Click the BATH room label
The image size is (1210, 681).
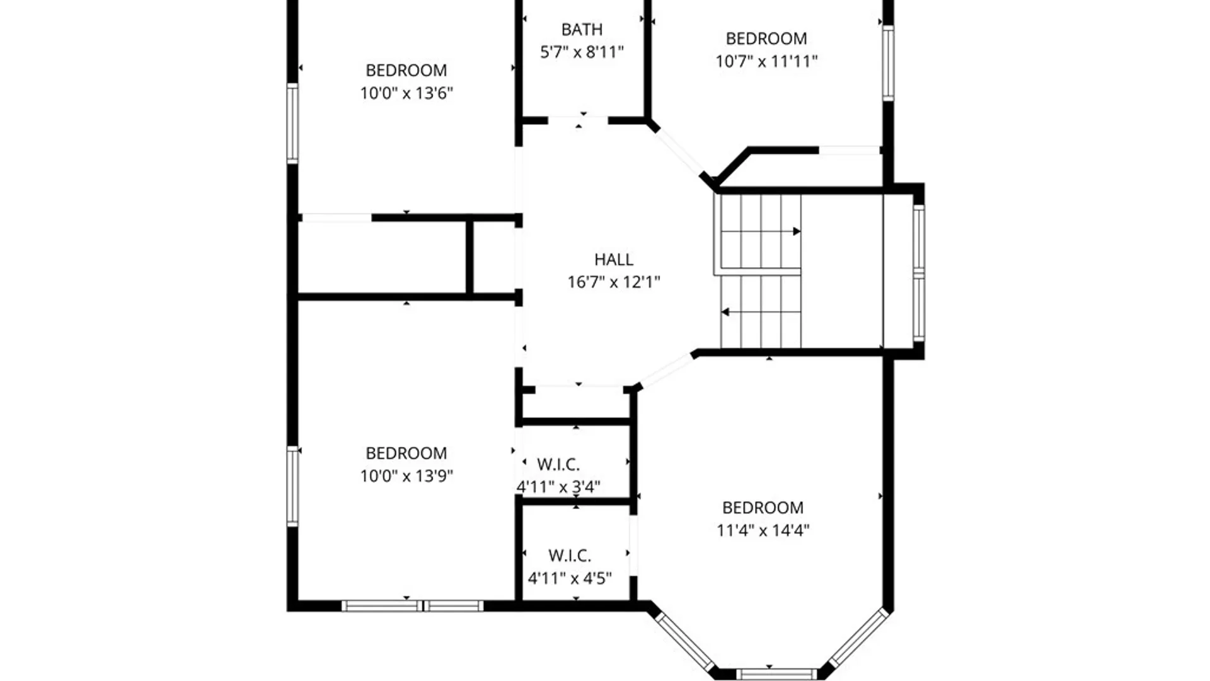(582, 30)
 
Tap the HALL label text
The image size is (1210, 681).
(614, 260)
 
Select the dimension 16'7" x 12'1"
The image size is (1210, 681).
(614, 282)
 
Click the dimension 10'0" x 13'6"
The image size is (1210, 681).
(406, 93)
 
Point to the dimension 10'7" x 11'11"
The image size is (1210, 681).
(766, 61)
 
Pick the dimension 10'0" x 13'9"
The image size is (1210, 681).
(406, 476)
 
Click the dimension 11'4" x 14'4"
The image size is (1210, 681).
(763, 530)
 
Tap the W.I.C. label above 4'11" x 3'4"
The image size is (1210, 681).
(558, 465)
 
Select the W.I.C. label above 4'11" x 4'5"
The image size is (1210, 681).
(570, 556)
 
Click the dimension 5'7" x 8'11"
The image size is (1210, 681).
(582, 52)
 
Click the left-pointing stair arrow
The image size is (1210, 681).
(761, 312)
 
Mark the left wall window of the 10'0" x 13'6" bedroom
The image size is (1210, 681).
(292, 124)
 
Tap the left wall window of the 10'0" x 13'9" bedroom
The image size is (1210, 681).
(292, 486)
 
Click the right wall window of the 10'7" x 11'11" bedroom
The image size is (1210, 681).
(888, 63)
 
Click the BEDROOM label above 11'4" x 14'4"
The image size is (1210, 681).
(763, 508)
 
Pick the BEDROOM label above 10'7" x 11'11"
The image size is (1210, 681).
(766, 38)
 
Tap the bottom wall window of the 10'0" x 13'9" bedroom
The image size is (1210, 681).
(413, 606)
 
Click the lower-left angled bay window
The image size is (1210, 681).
(685, 641)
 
